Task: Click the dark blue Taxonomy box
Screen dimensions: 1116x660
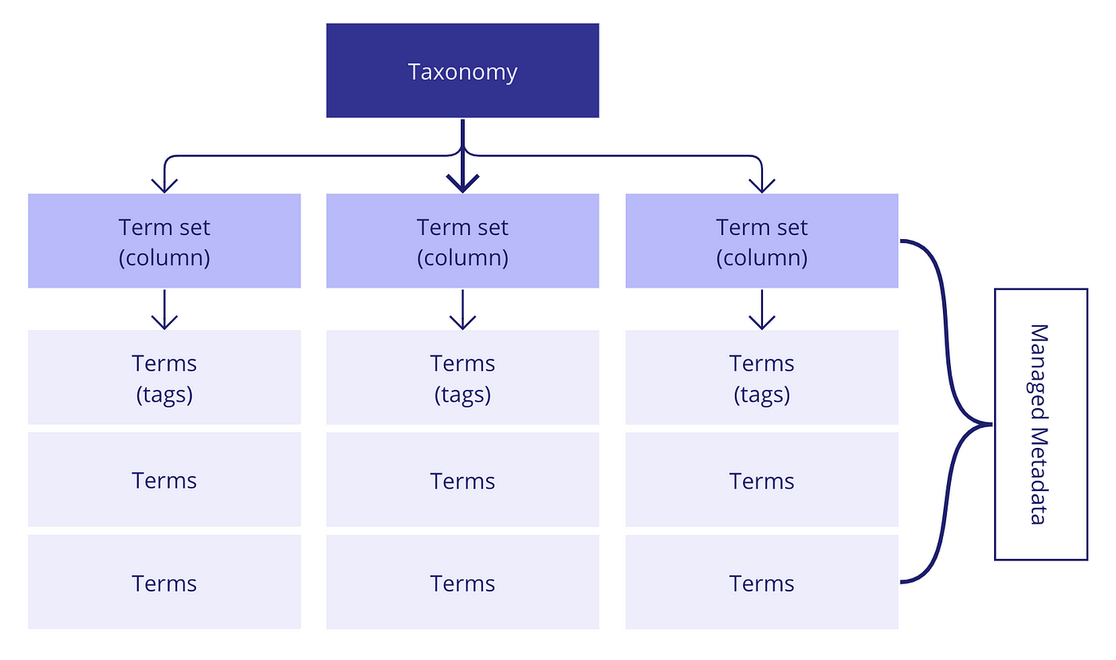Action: coord(462,70)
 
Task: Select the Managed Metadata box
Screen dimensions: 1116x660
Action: coord(1041,424)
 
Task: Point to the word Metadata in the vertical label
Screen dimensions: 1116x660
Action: coord(1039,476)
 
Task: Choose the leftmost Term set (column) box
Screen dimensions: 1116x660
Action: coord(164,241)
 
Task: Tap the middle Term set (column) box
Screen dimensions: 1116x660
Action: coord(462,241)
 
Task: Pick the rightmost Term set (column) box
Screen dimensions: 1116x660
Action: coord(762,241)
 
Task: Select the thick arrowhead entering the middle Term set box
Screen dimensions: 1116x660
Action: coord(462,183)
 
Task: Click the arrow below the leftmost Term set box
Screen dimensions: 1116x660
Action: coord(164,309)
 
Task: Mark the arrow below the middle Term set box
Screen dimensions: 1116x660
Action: coord(462,309)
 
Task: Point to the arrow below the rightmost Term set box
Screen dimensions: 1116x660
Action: coord(762,309)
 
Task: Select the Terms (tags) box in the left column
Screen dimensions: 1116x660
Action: coord(164,377)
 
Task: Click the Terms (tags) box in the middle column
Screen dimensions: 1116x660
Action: coord(462,377)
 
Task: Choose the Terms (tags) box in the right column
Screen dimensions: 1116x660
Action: coord(762,377)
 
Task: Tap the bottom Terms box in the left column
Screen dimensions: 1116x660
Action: coord(164,582)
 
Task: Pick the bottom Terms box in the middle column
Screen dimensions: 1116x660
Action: coord(462,582)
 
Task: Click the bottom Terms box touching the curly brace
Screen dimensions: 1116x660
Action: coord(762,582)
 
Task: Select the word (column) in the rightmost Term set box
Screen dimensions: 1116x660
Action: coord(762,258)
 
